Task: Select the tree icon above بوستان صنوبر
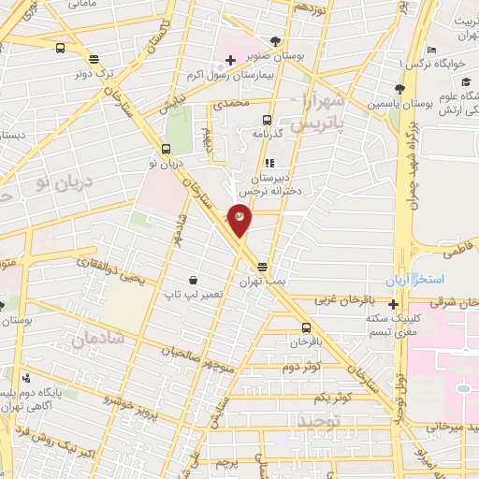[275, 40]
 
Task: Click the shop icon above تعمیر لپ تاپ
[193, 280]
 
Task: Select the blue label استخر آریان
[414, 281]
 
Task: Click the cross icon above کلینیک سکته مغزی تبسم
[394, 304]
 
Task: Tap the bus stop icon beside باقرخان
[307, 327]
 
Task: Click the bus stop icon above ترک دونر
[61, 48]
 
